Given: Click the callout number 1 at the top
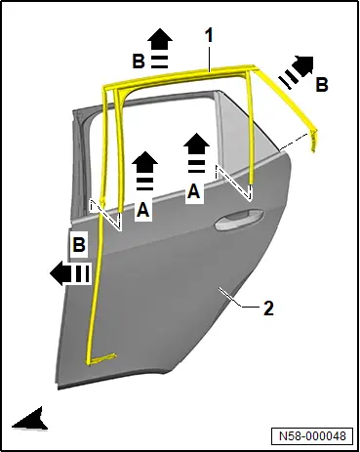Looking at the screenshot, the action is click(x=210, y=35).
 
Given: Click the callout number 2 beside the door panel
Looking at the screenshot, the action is click(x=268, y=308).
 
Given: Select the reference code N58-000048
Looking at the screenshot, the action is click(x=312, y=435).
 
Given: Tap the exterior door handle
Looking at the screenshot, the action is click(x=239, y=220).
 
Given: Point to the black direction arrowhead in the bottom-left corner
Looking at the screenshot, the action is click(x=30, y=420).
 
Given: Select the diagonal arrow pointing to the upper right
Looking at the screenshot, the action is click(x=297, y=71).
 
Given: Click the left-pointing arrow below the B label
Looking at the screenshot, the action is click(x=69, y=272).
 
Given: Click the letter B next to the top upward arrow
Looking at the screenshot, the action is click(x=139, y=61).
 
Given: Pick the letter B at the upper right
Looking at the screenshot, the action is click(x=322, y=84).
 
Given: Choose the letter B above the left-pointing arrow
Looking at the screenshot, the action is click(x=79, y=244).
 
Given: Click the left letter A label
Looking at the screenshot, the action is click(x=143, y=209).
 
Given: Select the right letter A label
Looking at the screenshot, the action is click(x=194, y=190).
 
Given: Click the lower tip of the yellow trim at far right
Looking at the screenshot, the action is click(x=314, y=150).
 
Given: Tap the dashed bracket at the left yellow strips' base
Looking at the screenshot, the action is click(x=105, y=215).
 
